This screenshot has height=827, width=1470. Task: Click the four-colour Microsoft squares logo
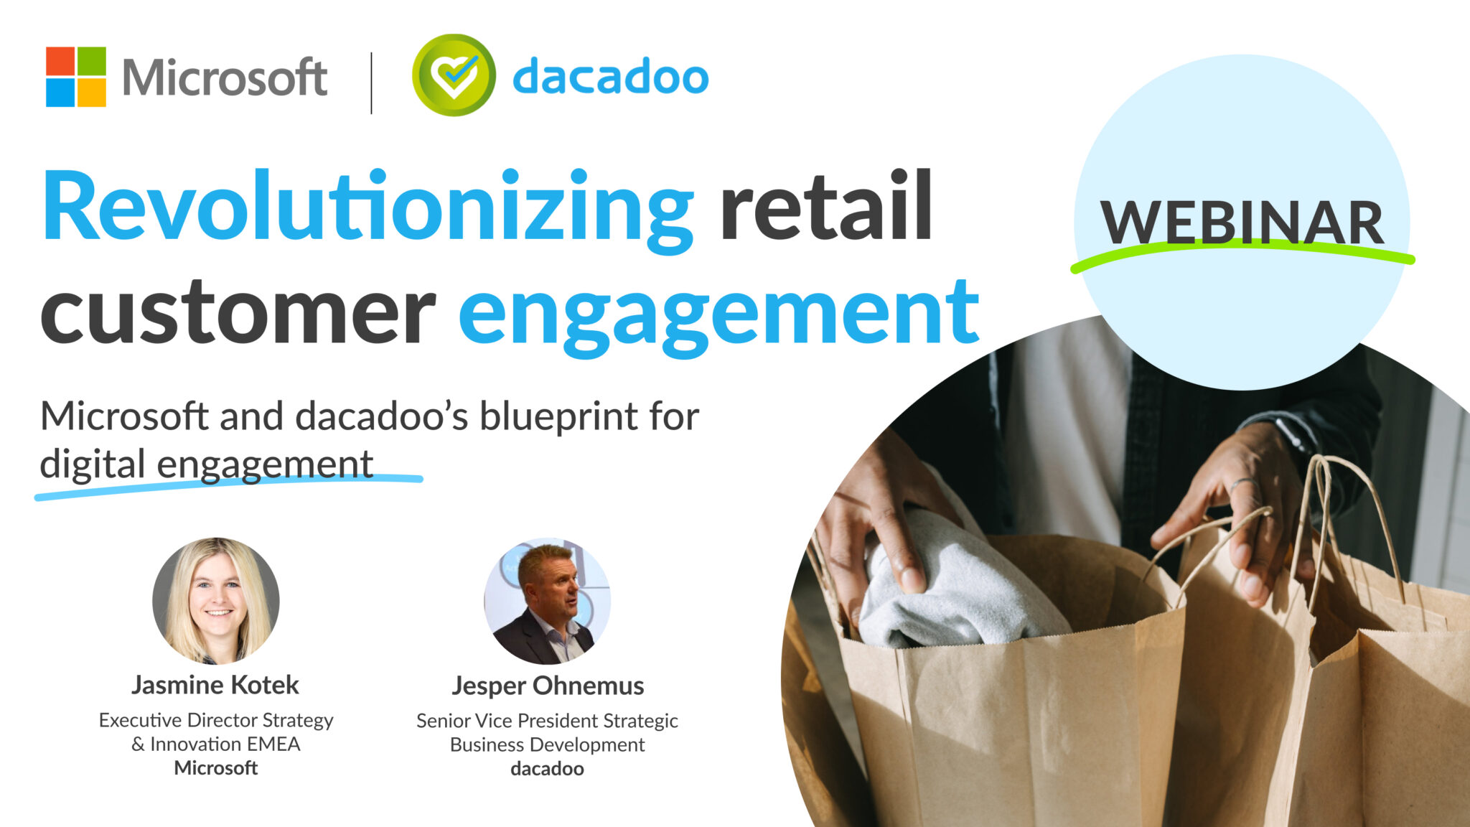tap(76, 77)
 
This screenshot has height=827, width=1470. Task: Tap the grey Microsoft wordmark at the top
tap(225, 78)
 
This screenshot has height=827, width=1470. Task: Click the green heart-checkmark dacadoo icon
tap(454, 75)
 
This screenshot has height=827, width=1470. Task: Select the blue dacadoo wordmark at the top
tap(611, 76)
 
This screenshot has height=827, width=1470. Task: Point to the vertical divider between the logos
tap(371, 83)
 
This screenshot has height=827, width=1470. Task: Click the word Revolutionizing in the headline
tap(367, 208)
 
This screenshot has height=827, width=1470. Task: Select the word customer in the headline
tap(238, 313)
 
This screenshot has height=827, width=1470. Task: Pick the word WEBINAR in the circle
tap(1242, 223)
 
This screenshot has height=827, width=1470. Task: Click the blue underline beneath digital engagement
tap(230, 485)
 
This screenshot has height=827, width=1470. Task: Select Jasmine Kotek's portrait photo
tap(216, 600)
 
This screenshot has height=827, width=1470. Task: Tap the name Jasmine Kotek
tap(215, 685)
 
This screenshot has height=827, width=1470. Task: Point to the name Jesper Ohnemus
tap(548, 686)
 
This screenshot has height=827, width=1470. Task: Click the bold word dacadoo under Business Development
tap(547, 769)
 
